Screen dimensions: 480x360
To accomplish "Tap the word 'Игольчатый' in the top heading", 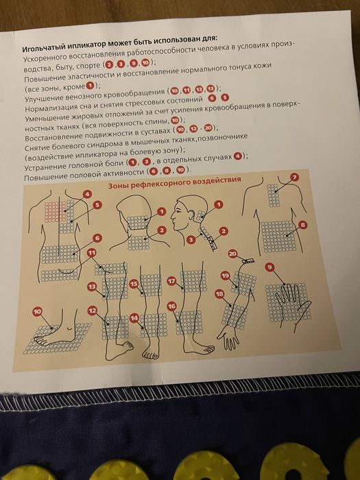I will click(44, 49).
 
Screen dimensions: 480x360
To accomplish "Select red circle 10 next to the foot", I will click(38, 313).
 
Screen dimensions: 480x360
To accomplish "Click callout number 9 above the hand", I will click(269, 266).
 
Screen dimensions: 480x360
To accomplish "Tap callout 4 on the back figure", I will click(86, 194).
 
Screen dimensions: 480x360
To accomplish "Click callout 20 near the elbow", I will click(232, 253).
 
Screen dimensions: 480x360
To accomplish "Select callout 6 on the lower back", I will click(97, 237).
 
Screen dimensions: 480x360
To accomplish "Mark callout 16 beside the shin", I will click(171, 305).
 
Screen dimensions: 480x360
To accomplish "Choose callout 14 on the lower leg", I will click(134, 318).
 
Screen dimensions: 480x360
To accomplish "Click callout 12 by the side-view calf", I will click(91, 311).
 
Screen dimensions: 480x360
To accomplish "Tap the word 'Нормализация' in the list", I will click(54, 109).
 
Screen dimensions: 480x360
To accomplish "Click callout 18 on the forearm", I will click(219, 293).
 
